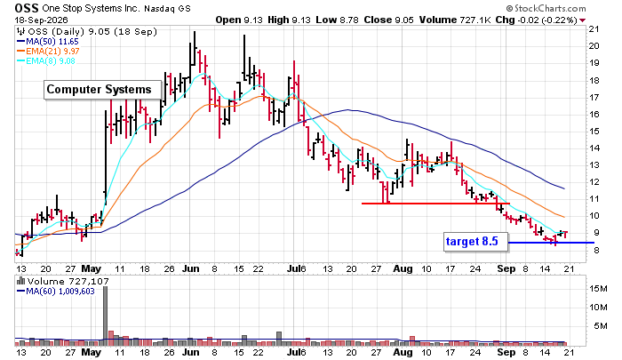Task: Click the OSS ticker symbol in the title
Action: (27, 8)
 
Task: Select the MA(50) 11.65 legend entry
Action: (48, 41)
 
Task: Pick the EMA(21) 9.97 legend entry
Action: (48, 52)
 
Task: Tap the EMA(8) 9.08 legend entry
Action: (46, 61)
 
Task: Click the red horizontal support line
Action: (435, 204)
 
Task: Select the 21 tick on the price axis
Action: (594, 29)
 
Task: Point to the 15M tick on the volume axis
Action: (598, 289)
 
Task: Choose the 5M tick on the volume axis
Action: (601, 326)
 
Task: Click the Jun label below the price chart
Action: (191, 268)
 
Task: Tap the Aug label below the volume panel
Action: (403, 353)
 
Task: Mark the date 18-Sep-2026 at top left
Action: (42, 20)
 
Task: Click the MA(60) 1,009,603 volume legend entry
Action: (56, 292)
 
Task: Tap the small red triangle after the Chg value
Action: (583, 20)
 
